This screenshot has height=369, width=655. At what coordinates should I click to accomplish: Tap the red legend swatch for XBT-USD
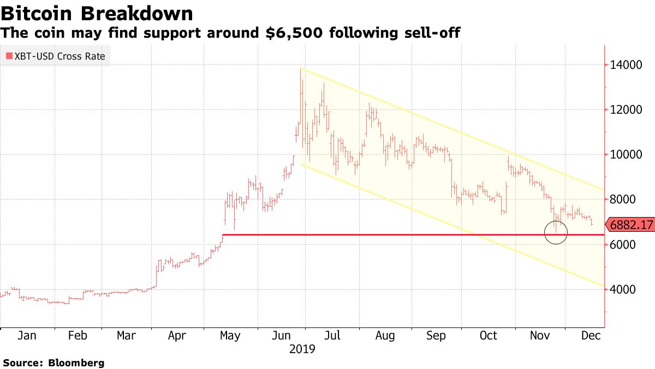pos(9,56)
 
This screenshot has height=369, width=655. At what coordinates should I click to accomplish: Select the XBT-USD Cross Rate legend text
pos(59,56)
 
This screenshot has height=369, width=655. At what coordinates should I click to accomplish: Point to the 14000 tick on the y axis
pos(627,65)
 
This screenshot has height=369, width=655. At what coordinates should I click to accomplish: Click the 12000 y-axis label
pos(627,110)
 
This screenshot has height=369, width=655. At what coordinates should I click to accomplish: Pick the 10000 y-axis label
pos(627,155)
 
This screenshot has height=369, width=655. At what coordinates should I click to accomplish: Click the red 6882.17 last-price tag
pos(630,225)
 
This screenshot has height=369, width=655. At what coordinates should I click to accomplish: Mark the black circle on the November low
pos(556,233)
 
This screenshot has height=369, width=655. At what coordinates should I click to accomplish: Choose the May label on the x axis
pos(230,336)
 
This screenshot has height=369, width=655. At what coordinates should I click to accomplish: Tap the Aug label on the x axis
pos(385,336)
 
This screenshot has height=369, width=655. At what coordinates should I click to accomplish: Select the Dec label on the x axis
pos(592,336)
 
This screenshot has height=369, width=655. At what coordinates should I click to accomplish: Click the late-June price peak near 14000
pos(301,69)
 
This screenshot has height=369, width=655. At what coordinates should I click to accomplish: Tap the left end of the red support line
pos(223,235)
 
